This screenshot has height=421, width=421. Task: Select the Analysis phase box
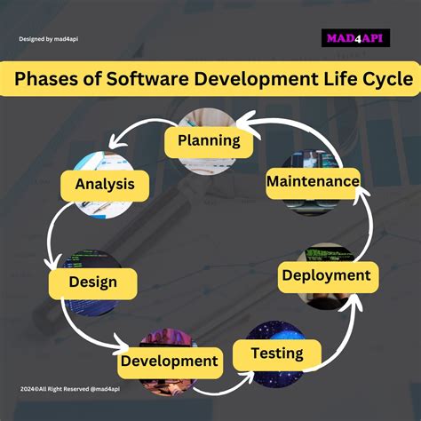pyautogui.click(x=105, y=186)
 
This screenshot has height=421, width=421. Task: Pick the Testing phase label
pyautogui.click(x=277, y=355)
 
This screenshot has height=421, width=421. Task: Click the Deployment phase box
pyautogui.click(x=328, y=277)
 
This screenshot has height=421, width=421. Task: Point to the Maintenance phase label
pyautogui.click(x=313, y=183)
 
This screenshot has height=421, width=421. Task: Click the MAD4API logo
pyautogui.click(x=355, y=38)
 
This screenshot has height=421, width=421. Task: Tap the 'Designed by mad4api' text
pyautogui.click(x=49, y=39)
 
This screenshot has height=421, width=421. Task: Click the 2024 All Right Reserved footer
pyautogui.click(x=70, y=389)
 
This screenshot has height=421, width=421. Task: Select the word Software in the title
pyautogui.click(x=147, y=79)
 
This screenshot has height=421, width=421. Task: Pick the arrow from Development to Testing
pyautogui.click(x=220, y=390)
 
